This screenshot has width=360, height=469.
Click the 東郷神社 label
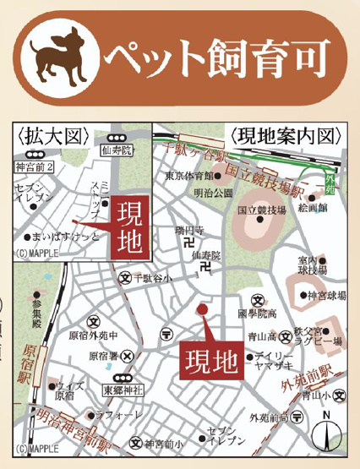point(117,390)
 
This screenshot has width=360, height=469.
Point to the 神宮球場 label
point(325,296)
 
